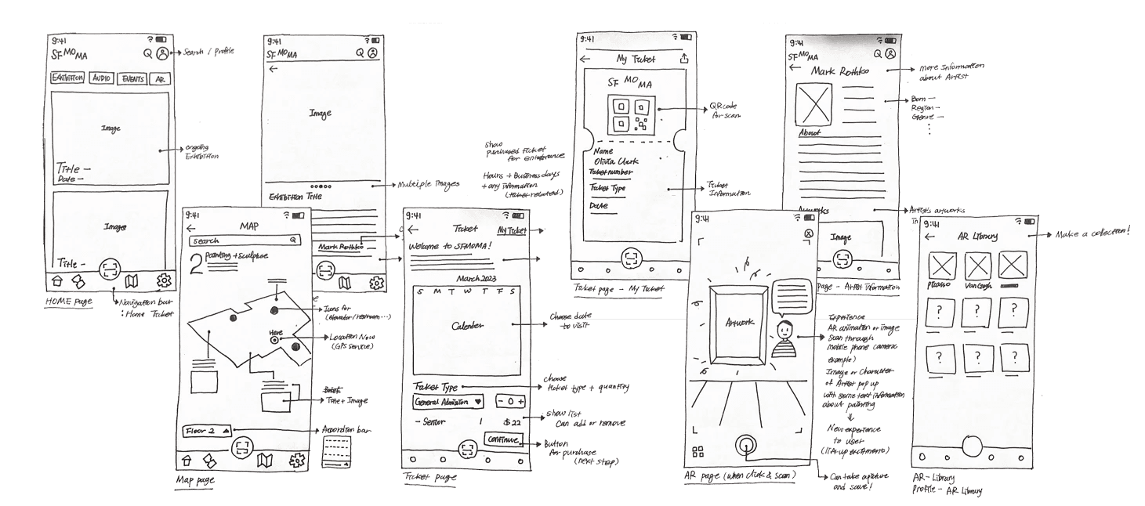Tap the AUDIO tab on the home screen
[x=102, y=78]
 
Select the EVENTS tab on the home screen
[x=132, y=79]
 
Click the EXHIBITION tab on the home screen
[x=68, y=78]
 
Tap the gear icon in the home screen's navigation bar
[x=164, y=281]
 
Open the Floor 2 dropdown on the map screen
[x=207, y=431]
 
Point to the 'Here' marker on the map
[x=275, y=340]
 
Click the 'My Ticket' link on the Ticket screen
[x=512, y=230]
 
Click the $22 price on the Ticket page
[x=513, y=423]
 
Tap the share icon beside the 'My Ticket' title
[x=684, y=59]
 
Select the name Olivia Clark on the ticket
[x=616, y=162]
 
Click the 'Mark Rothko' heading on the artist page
[x=840, y=72]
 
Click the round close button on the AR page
[x=809, y=234]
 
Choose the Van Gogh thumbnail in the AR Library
[x=977, y=267]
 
